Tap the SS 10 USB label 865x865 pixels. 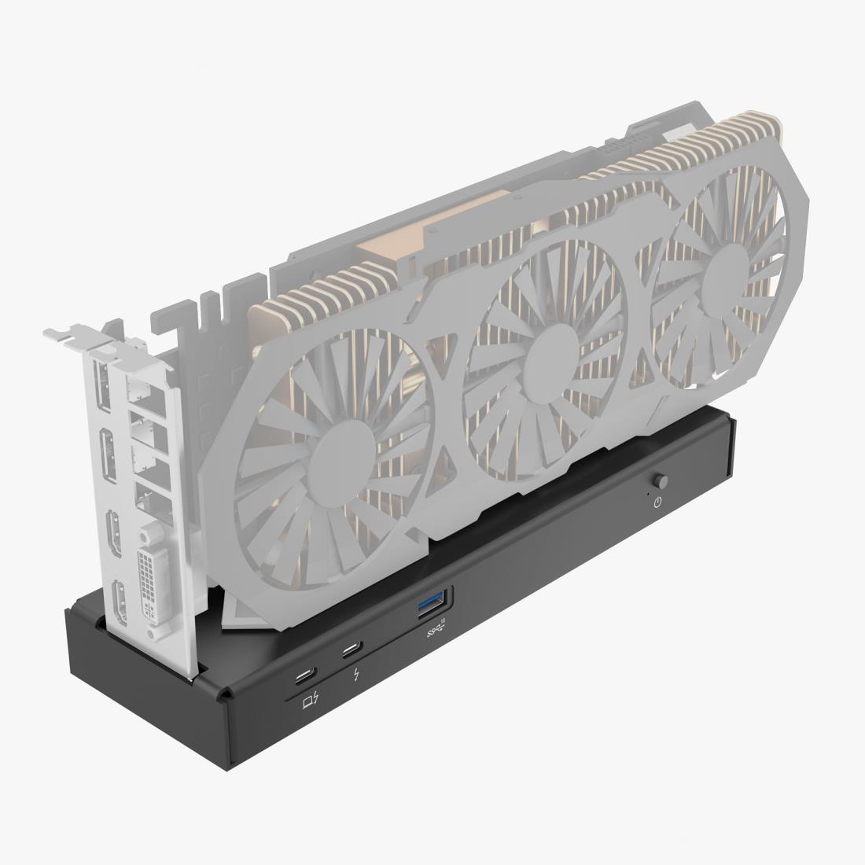pos(436,629)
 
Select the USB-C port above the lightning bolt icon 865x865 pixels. pos(350,650)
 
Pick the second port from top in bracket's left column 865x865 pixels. pos(109,456)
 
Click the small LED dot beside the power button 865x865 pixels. pos(647,492)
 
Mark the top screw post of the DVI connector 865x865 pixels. pos(145,536)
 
